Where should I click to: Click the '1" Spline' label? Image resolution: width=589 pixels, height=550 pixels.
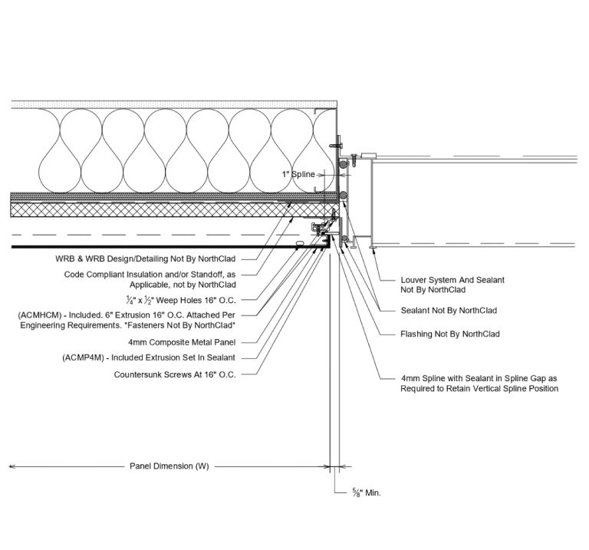[298, 175]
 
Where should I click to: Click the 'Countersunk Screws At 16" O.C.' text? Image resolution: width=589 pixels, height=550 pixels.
[174, 374]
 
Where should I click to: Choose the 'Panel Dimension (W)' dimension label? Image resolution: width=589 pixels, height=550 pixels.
[168, 466]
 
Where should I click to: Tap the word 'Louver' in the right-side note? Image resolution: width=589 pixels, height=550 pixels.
[415, 280]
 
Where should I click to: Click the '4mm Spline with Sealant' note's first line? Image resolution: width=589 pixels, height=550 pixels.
[479, 378]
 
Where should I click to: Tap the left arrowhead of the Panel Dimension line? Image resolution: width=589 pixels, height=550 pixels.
[11, 466]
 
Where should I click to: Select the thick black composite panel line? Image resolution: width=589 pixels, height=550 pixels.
[153, 246]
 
